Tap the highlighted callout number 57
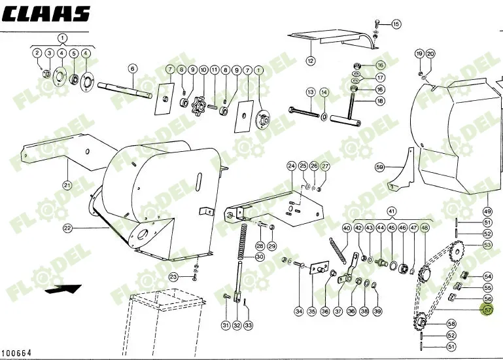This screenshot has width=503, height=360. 487,311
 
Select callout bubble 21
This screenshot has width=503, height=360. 67,185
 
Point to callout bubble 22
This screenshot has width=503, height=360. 67,228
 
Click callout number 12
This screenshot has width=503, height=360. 310,61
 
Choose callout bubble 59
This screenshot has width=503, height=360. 379,168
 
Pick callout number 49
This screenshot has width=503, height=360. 487,211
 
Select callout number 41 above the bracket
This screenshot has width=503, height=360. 392,211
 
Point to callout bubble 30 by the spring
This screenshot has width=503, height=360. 260,257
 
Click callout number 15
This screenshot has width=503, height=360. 396,24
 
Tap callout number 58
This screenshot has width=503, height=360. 451,324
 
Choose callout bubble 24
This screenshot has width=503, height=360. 291,166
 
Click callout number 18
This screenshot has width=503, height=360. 380,101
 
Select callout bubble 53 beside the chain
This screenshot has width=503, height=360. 487,245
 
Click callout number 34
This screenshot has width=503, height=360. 298,311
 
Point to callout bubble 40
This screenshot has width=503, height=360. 347,228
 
